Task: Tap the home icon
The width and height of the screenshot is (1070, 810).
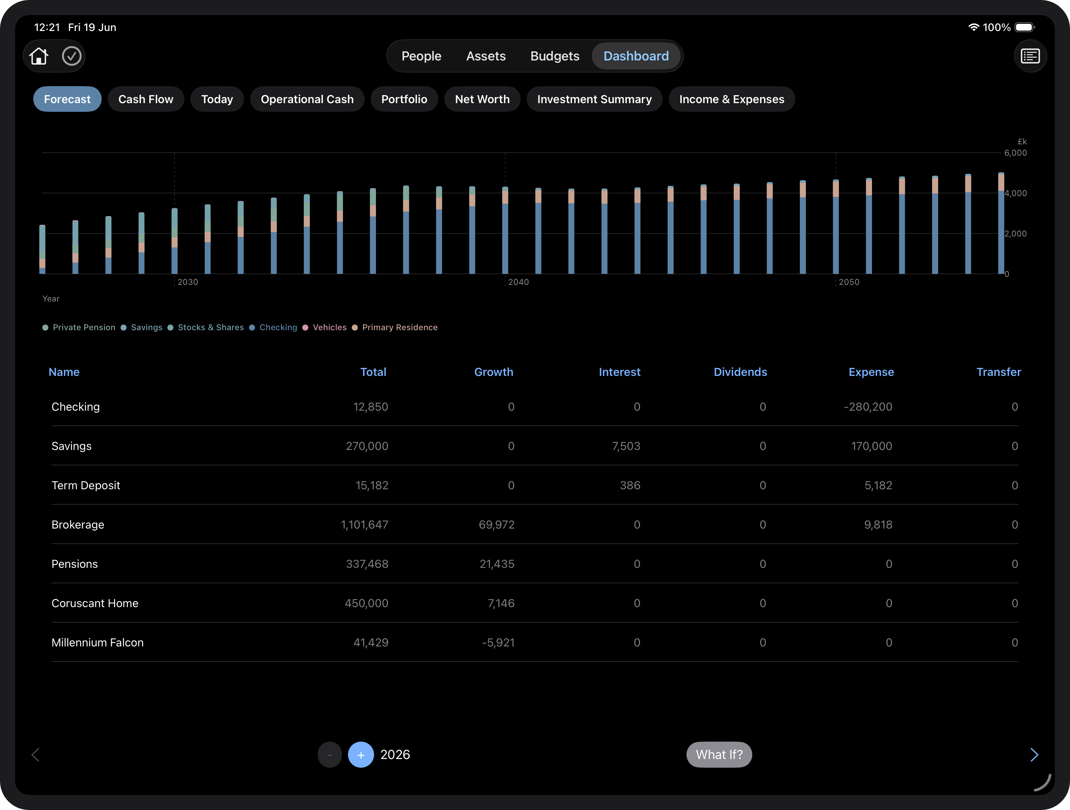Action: [39, 56]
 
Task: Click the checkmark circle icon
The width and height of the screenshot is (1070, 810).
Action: [71, 56]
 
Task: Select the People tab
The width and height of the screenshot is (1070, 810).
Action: [421, 56]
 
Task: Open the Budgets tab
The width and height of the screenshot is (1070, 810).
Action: [555, 56]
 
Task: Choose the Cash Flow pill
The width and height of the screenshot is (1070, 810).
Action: [145, 99]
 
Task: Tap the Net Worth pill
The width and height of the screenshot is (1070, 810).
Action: [482, 99]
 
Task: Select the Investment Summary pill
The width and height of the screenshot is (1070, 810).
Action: [594, 99]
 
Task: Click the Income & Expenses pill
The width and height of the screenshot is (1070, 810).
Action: [732, 99]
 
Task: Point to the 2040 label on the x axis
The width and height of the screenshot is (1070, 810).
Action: [518, 282]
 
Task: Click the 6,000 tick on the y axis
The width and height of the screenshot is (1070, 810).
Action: [1015, 153]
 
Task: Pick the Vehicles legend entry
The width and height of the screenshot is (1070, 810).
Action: [325, 328]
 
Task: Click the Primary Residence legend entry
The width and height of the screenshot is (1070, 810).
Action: [395, 328]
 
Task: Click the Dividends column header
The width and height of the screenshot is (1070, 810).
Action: [740, 372]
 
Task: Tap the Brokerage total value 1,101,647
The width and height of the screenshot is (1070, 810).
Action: [364, 525]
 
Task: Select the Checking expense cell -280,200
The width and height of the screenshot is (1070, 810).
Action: [868, 407]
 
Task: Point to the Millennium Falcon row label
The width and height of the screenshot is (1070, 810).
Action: [98, 643]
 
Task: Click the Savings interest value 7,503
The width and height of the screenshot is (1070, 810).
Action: [626, 446]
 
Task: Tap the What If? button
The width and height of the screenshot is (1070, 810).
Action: [719, 754]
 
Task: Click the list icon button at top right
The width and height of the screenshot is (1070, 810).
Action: [1030, 56]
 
